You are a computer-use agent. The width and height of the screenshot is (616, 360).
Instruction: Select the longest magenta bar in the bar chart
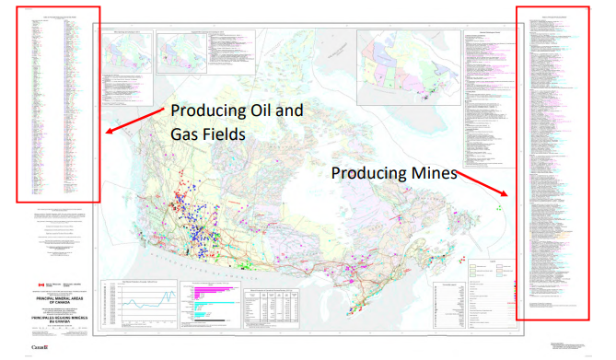[x=209, y=288]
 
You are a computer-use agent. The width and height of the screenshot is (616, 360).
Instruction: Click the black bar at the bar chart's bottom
[x=203, y=319]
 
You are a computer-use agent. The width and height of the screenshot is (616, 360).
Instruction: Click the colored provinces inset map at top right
[x=404, y=65]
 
